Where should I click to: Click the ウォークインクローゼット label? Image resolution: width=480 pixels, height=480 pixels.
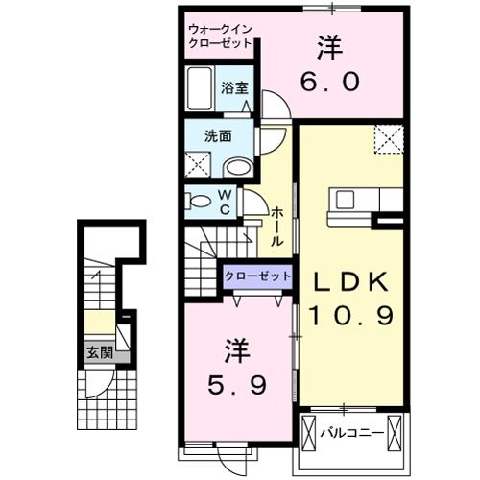click(220, 36)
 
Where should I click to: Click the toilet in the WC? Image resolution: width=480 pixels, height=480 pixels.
click(202, 202)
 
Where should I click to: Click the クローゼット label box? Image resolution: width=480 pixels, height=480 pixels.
click(257, 276)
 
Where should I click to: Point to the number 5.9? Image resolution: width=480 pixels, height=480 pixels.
click(234, 383)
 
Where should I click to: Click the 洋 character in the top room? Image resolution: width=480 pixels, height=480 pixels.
click(328, 44)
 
